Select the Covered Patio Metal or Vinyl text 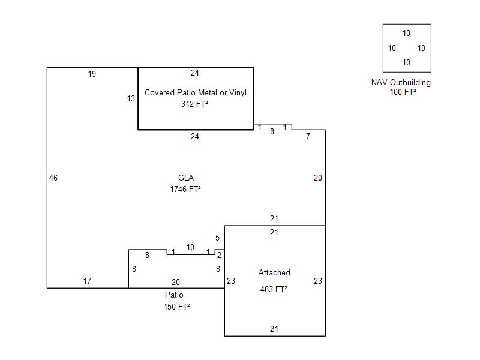(x=196, y=92)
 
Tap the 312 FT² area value (x=194, y=104)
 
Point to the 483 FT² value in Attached (x=274, y=289)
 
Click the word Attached (x=274, y=273)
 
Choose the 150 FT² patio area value (x=176, y=307)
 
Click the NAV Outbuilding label (x=401, y=83)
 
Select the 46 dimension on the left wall (x=53, y=178)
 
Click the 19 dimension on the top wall (x=92, y=74)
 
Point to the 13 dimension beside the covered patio (x=131, y=99)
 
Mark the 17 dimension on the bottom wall (x=87, y=281)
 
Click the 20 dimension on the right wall (x=318, y=178)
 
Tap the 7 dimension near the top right (x=308, y=137)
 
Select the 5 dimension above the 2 (x=217, y=238)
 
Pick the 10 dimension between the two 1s (x=190, y=247)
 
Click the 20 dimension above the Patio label (x=175, y=282)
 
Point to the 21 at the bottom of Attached (x=274, y=329)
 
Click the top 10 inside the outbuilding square (x=406, y=34)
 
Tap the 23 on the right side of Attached (x=318, y=281)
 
